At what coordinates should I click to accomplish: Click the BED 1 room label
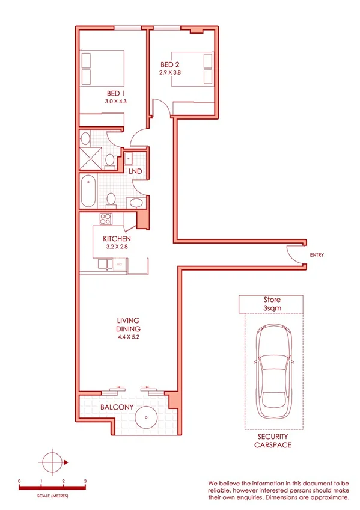click(x=117, y=93)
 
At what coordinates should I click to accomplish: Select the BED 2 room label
click(x=169, y=64)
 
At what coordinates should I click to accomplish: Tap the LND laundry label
click(x=135, y=171)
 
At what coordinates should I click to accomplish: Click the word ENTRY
click(x=317, y=255)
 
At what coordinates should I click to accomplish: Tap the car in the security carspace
click(x=273, y=373)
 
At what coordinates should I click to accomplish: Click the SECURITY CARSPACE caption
click(x=273, y=440)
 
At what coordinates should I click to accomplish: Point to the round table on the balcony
click(x=146, y=417)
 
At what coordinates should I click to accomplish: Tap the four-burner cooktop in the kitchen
click(x=106, y=219)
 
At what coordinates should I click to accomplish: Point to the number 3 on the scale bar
click(x=85, y=481)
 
